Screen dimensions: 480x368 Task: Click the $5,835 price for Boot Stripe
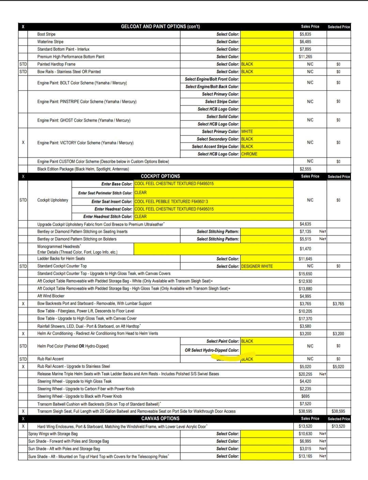point(305,34)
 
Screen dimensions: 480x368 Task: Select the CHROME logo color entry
point(249,154)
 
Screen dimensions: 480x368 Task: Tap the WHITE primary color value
point(247,131)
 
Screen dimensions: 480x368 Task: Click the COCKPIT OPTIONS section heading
point(160,176)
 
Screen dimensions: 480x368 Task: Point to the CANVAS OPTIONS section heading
point(160,419)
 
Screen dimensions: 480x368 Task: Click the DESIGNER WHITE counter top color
point(257,266)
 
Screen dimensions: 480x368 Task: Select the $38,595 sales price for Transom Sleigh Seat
point(305,411)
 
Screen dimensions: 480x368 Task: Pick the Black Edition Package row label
point(83,169)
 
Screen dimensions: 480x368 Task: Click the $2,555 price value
point(305,169)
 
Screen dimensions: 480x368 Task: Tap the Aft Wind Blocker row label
point(51,296)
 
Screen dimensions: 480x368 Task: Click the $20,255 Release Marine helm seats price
point(305,374)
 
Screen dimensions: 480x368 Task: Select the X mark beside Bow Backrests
point(23,304)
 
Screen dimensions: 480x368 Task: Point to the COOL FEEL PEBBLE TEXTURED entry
point(171,201)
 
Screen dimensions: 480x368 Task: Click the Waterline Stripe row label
point(50,42)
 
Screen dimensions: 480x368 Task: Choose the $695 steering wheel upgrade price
point(305,396)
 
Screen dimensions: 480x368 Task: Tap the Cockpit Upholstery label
point(53,200)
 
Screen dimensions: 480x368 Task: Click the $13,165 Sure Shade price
point(305,456)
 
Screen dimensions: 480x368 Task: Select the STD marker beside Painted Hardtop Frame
point(23,64)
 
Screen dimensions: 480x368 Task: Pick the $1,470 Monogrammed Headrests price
point(305,249)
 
